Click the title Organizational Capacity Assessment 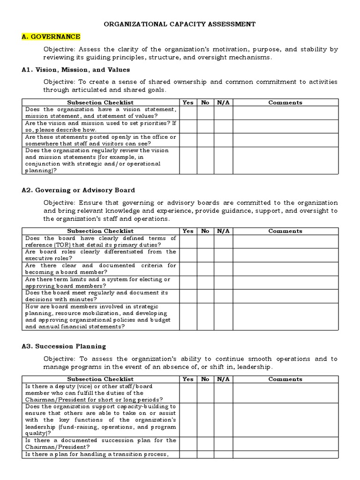(180, 24)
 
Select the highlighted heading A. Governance (51, 37)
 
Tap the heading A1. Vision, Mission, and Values (76, 69)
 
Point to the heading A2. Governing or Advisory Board (78, 190)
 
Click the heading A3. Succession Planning (64, 346)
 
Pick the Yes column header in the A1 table (187, 102)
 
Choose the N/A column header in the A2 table (223, 231)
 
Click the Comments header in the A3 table (285, 379)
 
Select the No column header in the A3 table (205, 379)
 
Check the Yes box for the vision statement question (187, 112)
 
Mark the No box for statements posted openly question (205, 140)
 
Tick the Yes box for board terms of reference (187, 241)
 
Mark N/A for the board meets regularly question (223, 296)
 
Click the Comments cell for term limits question (285, 282)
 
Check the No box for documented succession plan (205, 443)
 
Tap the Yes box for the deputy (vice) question (187, 393)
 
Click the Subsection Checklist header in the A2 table (100, 231)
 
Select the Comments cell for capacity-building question (285, 420)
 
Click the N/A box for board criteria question (223, 269)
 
